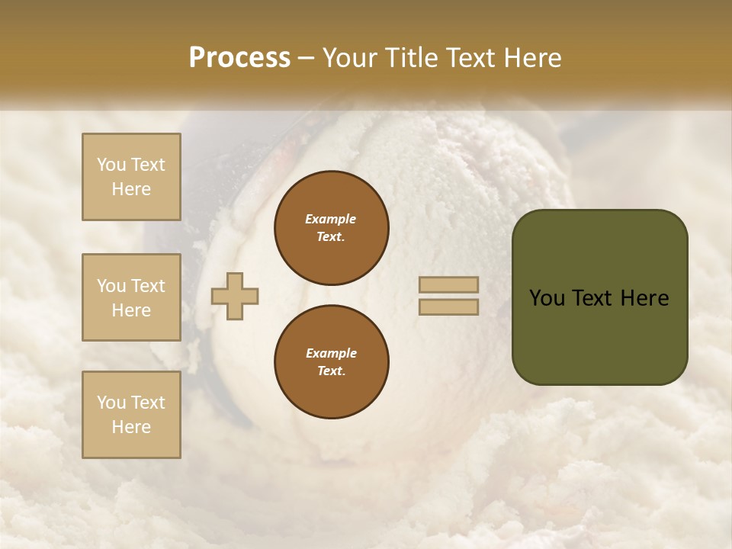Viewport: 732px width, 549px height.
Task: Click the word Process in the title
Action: [x=239, y=58]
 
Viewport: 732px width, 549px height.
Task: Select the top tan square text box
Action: [x=131, y=177]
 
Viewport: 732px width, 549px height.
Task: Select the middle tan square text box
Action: [x=131, y=297]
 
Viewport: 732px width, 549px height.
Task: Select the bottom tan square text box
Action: [x=131, y=415]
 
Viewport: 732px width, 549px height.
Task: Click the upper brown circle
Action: [x=331, y=228]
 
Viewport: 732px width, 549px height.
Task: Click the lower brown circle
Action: [x=331, y=362]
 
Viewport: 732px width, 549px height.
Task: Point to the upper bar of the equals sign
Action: [x=448, y=284]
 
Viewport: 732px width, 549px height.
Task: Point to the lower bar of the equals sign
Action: [x=448, y=307]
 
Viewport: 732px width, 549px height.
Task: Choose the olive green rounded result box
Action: [x=599, y=297]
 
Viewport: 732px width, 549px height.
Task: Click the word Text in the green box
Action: [x=592, y=298]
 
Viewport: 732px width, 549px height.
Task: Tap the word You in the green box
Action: [x=547, y=298]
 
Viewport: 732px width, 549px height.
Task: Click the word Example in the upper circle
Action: [x=331, y=219]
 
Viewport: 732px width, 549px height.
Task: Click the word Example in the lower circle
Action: [x=331, y=353]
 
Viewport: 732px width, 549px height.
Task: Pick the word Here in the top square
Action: [x=131, y=189]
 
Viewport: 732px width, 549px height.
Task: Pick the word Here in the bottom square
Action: [x=131, y=427]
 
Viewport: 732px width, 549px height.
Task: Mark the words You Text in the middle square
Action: [x=131, y=286]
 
